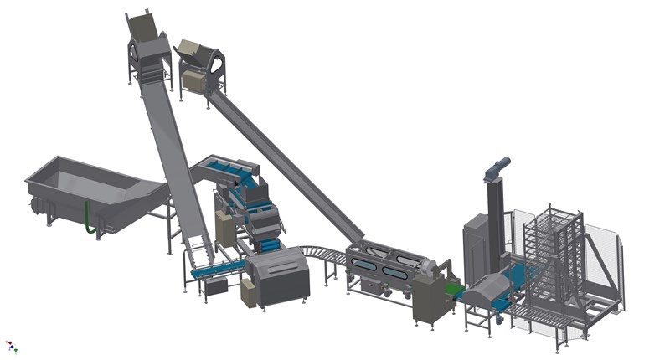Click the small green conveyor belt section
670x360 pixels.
pyautogui.click(x=453, y=291)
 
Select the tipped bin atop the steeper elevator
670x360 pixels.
pyautogui.click(x=144, y=28)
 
